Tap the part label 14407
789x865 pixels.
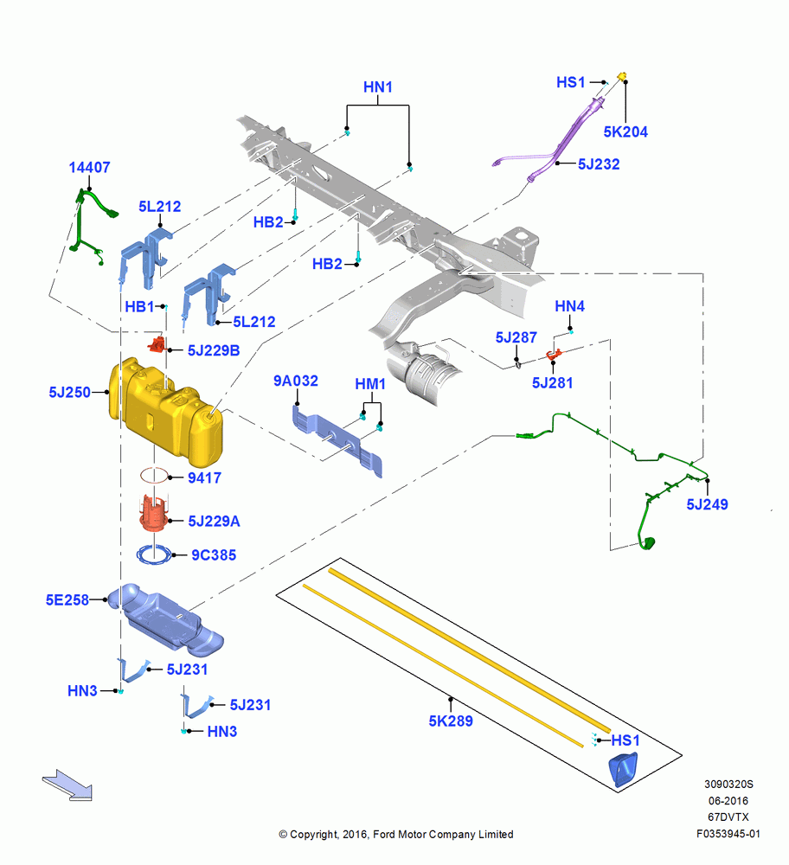coord(89,167)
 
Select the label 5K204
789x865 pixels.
coord(625,131)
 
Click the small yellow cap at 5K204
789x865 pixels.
coord(622,76)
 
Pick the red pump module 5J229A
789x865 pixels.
coord(154,514)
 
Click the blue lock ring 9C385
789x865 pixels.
coord(155,554)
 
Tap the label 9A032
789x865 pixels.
coord(296,381)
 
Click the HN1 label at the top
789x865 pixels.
coord(378,87)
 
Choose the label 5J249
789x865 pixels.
coord(707,504)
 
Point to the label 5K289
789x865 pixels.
coord(451,721)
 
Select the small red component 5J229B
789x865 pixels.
coord(157,345)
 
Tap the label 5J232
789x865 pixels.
coord(599,164)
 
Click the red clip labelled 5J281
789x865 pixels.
coord(554,354)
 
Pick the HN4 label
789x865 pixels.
coord(569,306)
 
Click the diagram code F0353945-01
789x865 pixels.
coord(728,834)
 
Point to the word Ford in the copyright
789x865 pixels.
coord(385,835)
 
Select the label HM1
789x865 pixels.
coord(370,384)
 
